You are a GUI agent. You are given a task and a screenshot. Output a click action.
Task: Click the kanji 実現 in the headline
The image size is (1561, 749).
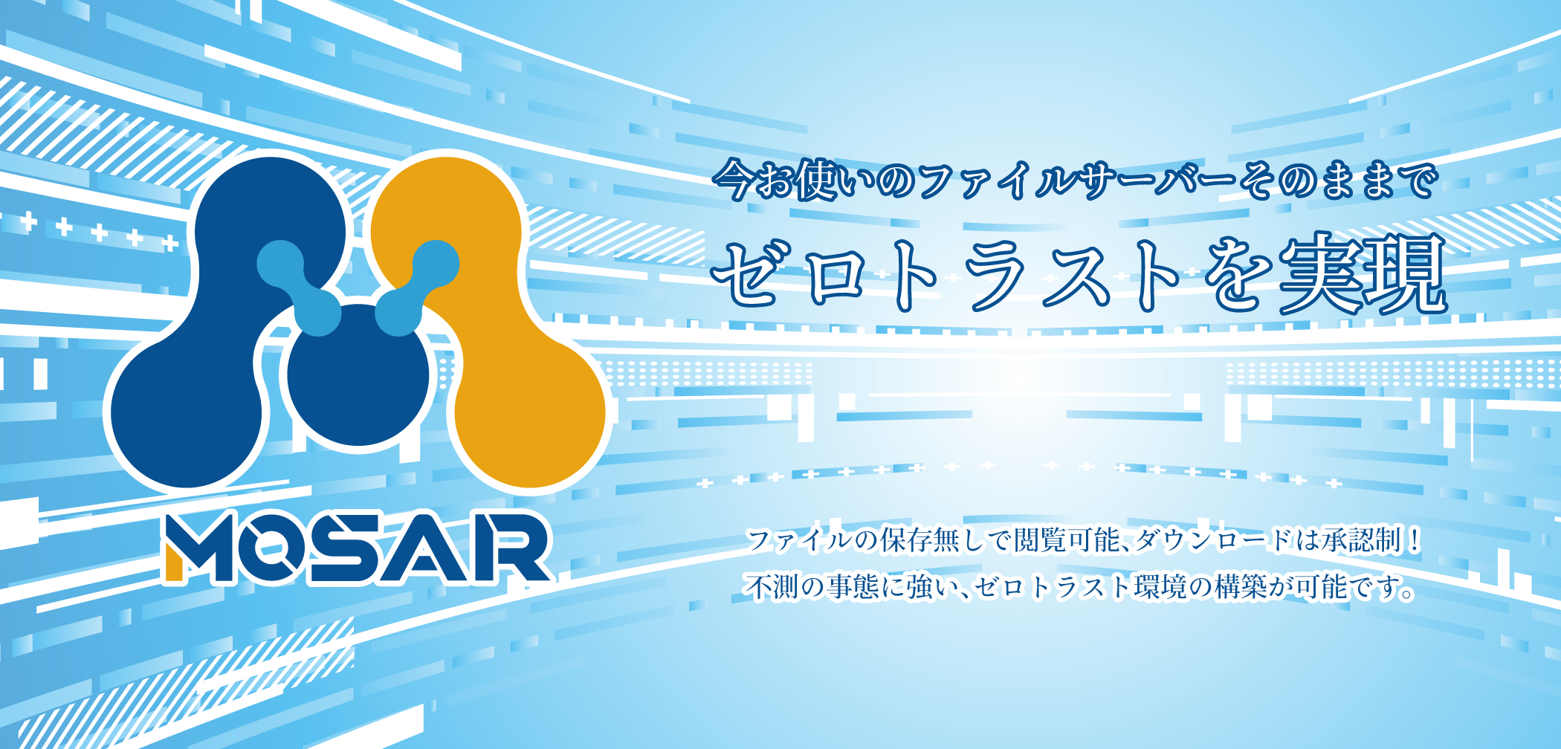[x=1363, y=273]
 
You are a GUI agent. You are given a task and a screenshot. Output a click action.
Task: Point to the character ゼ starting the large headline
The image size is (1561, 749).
[x=751, y=273]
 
